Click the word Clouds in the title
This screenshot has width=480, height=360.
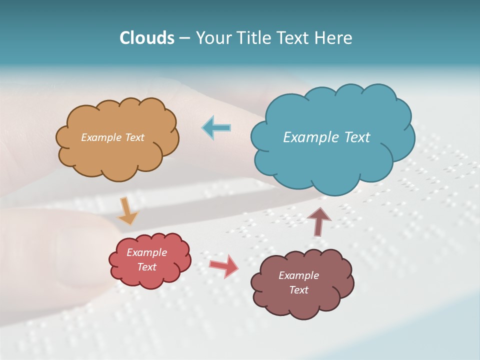coord(147,38)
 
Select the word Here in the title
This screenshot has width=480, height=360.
coord(334,38)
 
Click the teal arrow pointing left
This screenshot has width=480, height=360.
coord(216,127)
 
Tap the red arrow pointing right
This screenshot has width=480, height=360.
coord(224,265)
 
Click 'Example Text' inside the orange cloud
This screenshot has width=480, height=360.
coord(112,137)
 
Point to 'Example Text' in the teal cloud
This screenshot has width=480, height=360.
coord(326,137)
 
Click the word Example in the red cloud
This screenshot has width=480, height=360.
coord(146,252)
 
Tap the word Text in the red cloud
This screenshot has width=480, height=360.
coord(146,267)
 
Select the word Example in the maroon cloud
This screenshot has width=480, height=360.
coord(298,275)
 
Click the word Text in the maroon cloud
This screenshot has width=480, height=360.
coord(298,290)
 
